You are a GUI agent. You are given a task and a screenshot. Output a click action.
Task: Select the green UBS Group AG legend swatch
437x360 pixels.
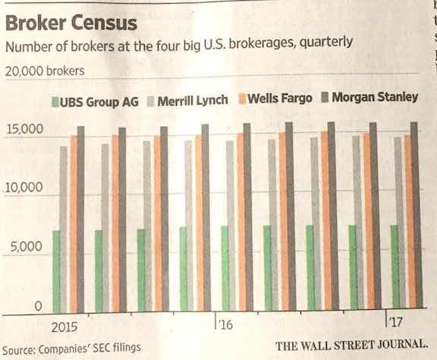(x=55, y=100)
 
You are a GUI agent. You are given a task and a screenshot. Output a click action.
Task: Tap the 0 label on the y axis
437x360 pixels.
(x=36, y=306)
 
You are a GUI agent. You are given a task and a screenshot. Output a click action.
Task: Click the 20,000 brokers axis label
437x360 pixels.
(x=46, y=72)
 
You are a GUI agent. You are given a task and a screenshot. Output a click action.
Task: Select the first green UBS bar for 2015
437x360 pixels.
(x=56, y=270)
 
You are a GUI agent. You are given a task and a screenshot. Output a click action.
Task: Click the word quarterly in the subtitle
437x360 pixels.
(x=325, y=43)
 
